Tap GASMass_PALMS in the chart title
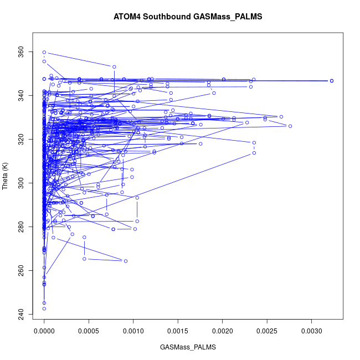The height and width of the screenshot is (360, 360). tap(228, 17)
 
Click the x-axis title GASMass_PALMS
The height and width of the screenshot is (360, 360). tap(188, 347)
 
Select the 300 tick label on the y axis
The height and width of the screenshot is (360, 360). tap(21, 183)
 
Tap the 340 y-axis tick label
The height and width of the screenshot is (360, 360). tap(21, 96)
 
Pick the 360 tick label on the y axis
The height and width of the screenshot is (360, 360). tap(21, 53)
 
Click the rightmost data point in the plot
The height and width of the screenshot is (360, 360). tap(331, 81)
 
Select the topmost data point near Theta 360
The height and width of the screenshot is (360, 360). tap(44, 52)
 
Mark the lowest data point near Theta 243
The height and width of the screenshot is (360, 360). tap(44, 308)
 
